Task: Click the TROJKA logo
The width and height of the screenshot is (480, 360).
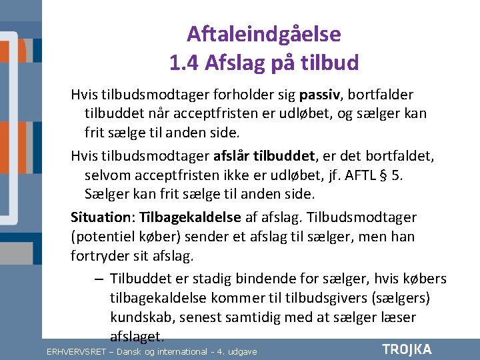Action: tap(407, 349)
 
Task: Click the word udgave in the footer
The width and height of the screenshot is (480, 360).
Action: tap(242, 351)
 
